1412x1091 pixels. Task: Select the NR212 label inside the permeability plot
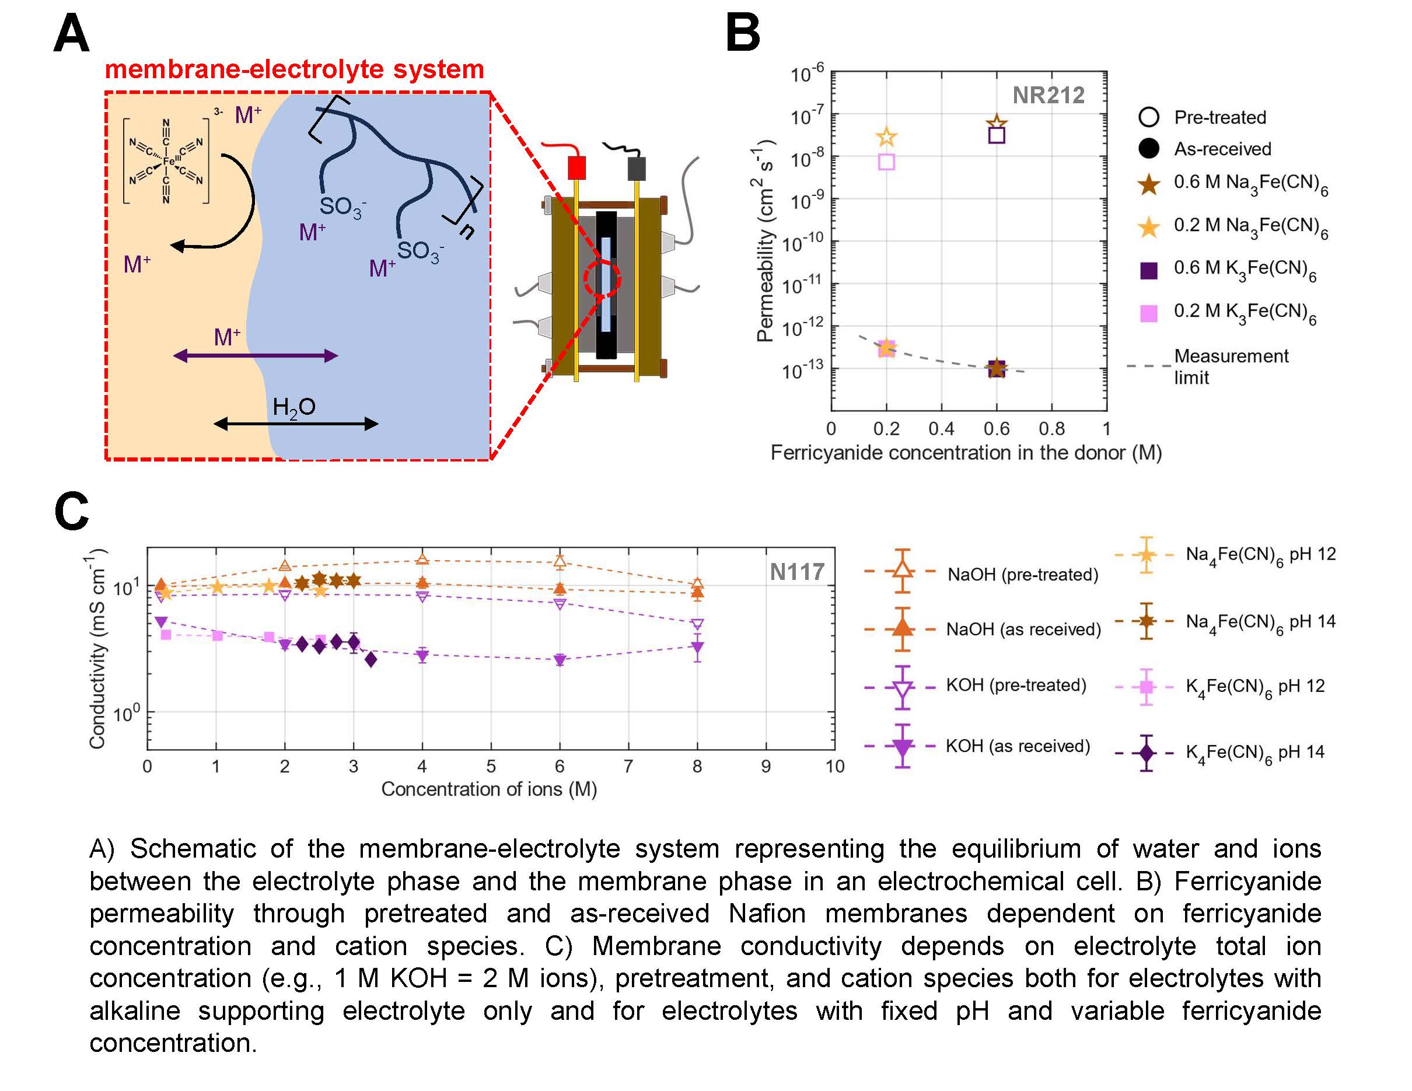coord(1048,96)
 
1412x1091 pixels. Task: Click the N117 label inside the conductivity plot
coord(797,571)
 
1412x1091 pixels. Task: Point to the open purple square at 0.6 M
coord(997,135)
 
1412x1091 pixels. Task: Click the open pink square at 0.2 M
coord(886,162)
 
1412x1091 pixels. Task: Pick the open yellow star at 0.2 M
coord(886,137)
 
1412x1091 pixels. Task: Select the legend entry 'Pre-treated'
coord(1219,117)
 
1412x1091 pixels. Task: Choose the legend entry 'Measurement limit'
coord(1231,366)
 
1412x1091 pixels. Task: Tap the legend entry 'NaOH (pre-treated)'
coord(1022,574)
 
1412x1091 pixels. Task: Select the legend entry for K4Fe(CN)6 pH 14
coord(1254,753)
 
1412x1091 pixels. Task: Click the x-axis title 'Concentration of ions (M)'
coord(489,789)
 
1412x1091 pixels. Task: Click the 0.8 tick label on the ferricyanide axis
coord(1051,428)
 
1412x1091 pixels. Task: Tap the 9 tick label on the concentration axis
coord(766,767)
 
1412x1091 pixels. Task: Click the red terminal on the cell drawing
coord(576,167)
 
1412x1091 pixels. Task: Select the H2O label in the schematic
coord(293,407)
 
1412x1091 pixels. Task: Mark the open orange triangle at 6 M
coord(560,561)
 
